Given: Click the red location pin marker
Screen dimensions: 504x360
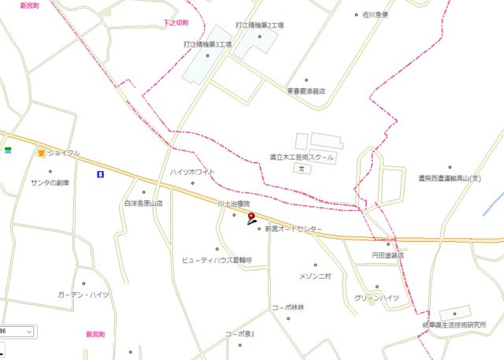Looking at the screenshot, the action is point(252,216).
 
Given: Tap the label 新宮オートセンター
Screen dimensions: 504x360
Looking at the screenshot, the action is point(294,228).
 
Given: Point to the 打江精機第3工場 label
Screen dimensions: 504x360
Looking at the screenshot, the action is point(208,45).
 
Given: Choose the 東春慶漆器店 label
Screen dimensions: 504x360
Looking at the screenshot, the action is point(306,91).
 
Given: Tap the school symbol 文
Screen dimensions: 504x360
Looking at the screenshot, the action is point(302,169).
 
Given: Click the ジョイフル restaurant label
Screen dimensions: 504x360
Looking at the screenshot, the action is point(63,153).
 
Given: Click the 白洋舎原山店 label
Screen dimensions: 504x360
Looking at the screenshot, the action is point(143,202).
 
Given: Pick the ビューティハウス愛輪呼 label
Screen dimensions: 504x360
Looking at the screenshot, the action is point(216,259).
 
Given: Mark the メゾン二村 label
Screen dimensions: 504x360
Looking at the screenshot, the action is point(316,276).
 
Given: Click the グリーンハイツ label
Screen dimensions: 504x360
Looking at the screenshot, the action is point(376,297).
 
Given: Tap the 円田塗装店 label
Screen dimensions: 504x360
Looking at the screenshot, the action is point(387,255).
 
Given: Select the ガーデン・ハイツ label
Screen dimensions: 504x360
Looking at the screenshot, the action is point(83,295).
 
